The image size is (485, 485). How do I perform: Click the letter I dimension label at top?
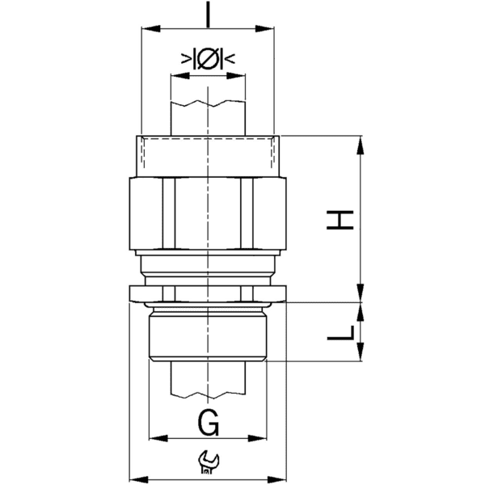[x=208, y=15]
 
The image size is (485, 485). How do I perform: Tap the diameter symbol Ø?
[x=208, y=59]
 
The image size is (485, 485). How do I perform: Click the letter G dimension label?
[x=208, y=422]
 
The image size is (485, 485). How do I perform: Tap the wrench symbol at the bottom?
[x=208, y=462]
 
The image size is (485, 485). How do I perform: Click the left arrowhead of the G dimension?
[x=155, y=440]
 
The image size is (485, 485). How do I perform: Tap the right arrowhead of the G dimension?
[x=264, y=440]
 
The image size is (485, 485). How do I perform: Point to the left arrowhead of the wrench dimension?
[x=135, y=476]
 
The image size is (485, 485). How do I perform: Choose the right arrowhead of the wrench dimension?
[x=284, y=476]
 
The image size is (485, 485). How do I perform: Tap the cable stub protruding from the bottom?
[x=208, y=380]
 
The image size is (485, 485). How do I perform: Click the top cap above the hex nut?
[x=208, y=154]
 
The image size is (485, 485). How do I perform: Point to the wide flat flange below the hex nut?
[x=208, y=293]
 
